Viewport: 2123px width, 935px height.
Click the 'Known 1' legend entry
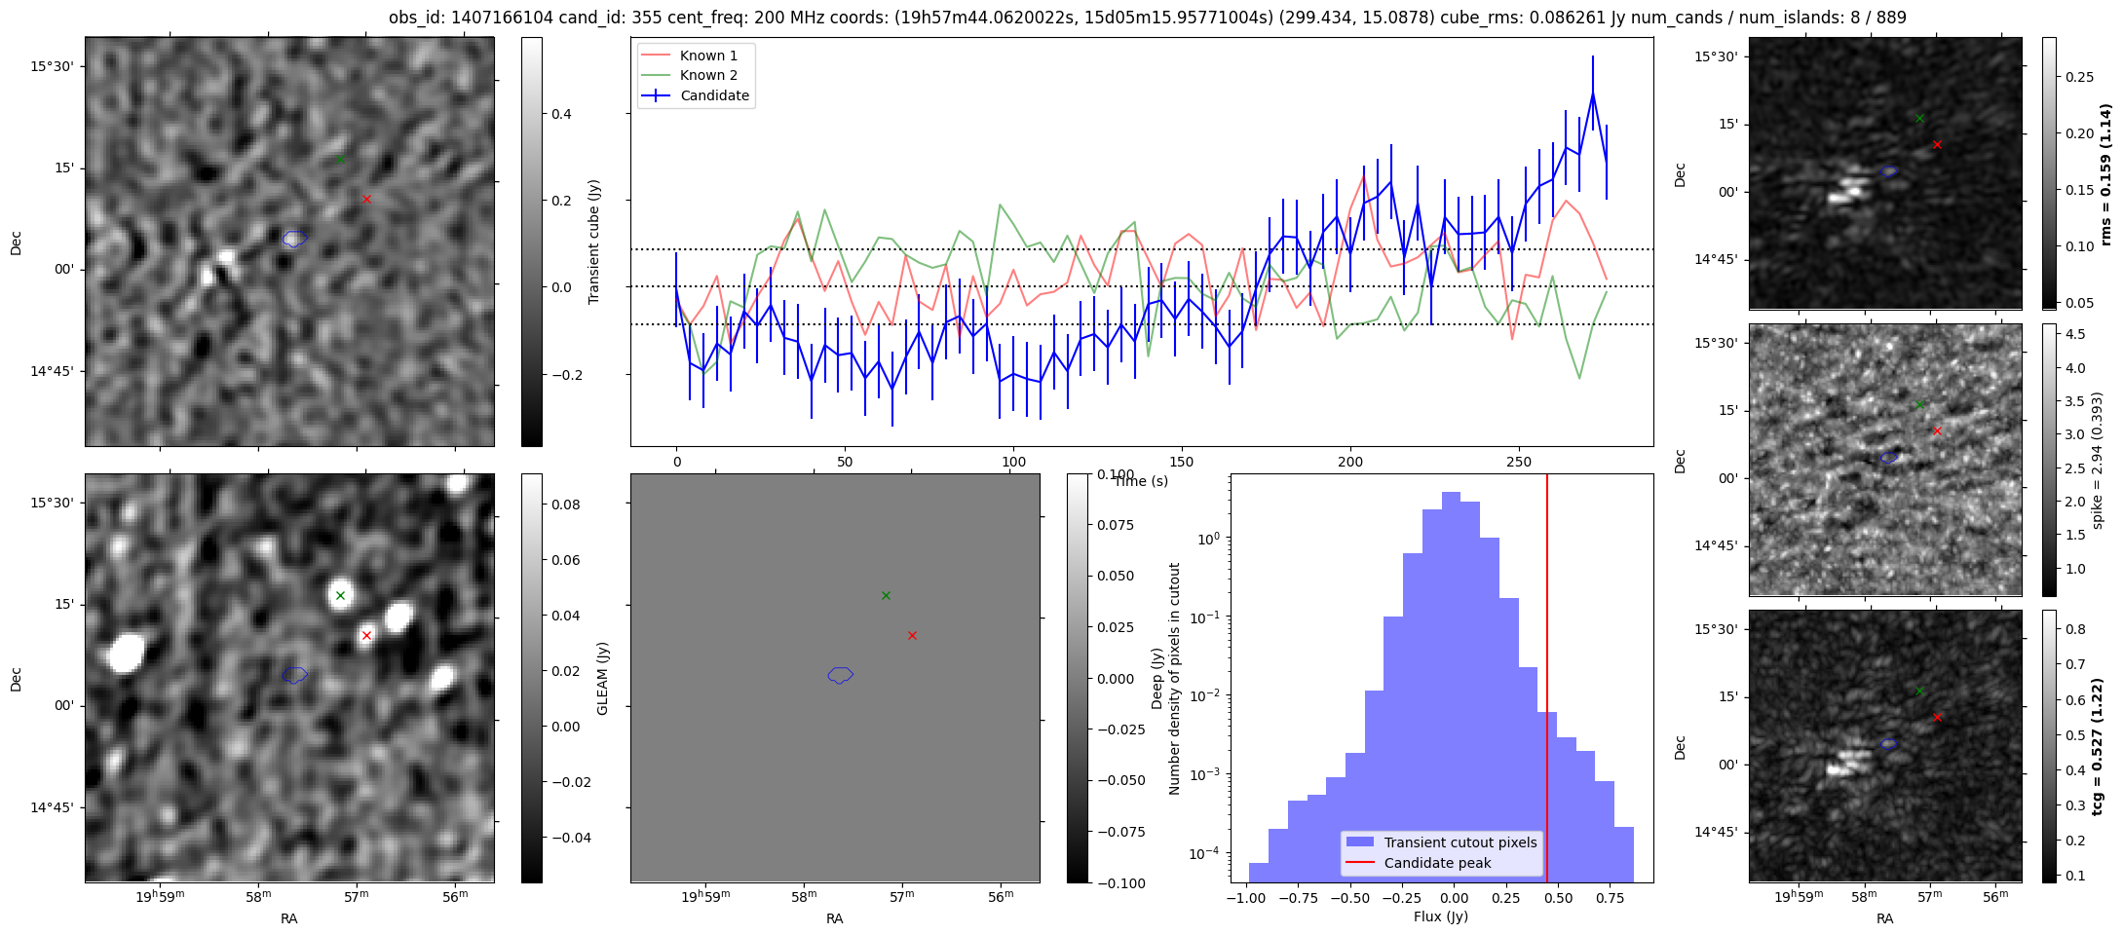pos(708,56)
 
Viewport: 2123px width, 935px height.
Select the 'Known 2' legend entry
pos(708,75)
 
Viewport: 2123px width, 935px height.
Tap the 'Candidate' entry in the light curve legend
pos(714,95)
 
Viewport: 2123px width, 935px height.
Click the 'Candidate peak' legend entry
pos(1437,863)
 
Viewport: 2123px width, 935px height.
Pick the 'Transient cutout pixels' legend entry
pos(1460,842)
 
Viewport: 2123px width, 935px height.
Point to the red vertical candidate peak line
pos(1547,682)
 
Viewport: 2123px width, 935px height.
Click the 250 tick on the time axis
pos(1519,462)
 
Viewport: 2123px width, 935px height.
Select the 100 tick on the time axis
pos(1013,462)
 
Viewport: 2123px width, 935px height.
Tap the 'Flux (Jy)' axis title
pos(1440,916)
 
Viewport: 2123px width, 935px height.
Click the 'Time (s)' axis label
pos(1141,481)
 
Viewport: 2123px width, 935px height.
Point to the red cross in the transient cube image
pos(366,199)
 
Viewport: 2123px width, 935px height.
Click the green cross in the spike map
pos(1919,404)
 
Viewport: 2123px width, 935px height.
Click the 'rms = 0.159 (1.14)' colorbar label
pos(2105,173)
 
